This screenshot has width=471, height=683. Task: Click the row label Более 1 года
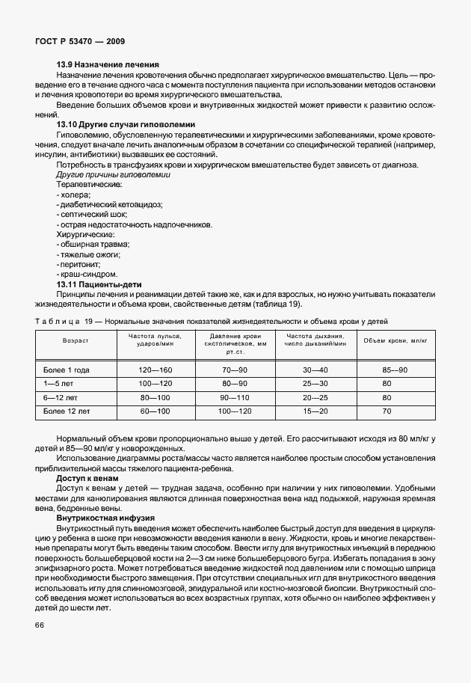(x=67, y=370)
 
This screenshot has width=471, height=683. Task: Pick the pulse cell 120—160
(x=156, y=370)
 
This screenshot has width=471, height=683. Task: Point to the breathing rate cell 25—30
(x=315, y=383)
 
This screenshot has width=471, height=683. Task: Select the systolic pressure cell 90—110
(x=235, y=397)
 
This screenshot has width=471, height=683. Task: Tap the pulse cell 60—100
(x=156, y=411)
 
